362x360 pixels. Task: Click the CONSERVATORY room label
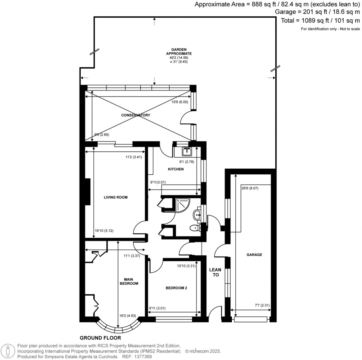click(135, 115)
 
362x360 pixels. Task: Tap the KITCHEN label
click(176, 169)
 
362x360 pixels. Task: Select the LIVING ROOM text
click(115, 197)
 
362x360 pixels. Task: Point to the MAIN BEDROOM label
click(128, 281)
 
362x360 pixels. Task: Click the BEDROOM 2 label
click(176, 288)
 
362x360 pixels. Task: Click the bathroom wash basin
click(198, 214)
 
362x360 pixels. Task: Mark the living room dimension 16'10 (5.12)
click(104, 231)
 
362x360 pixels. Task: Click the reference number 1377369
click(141, 357)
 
